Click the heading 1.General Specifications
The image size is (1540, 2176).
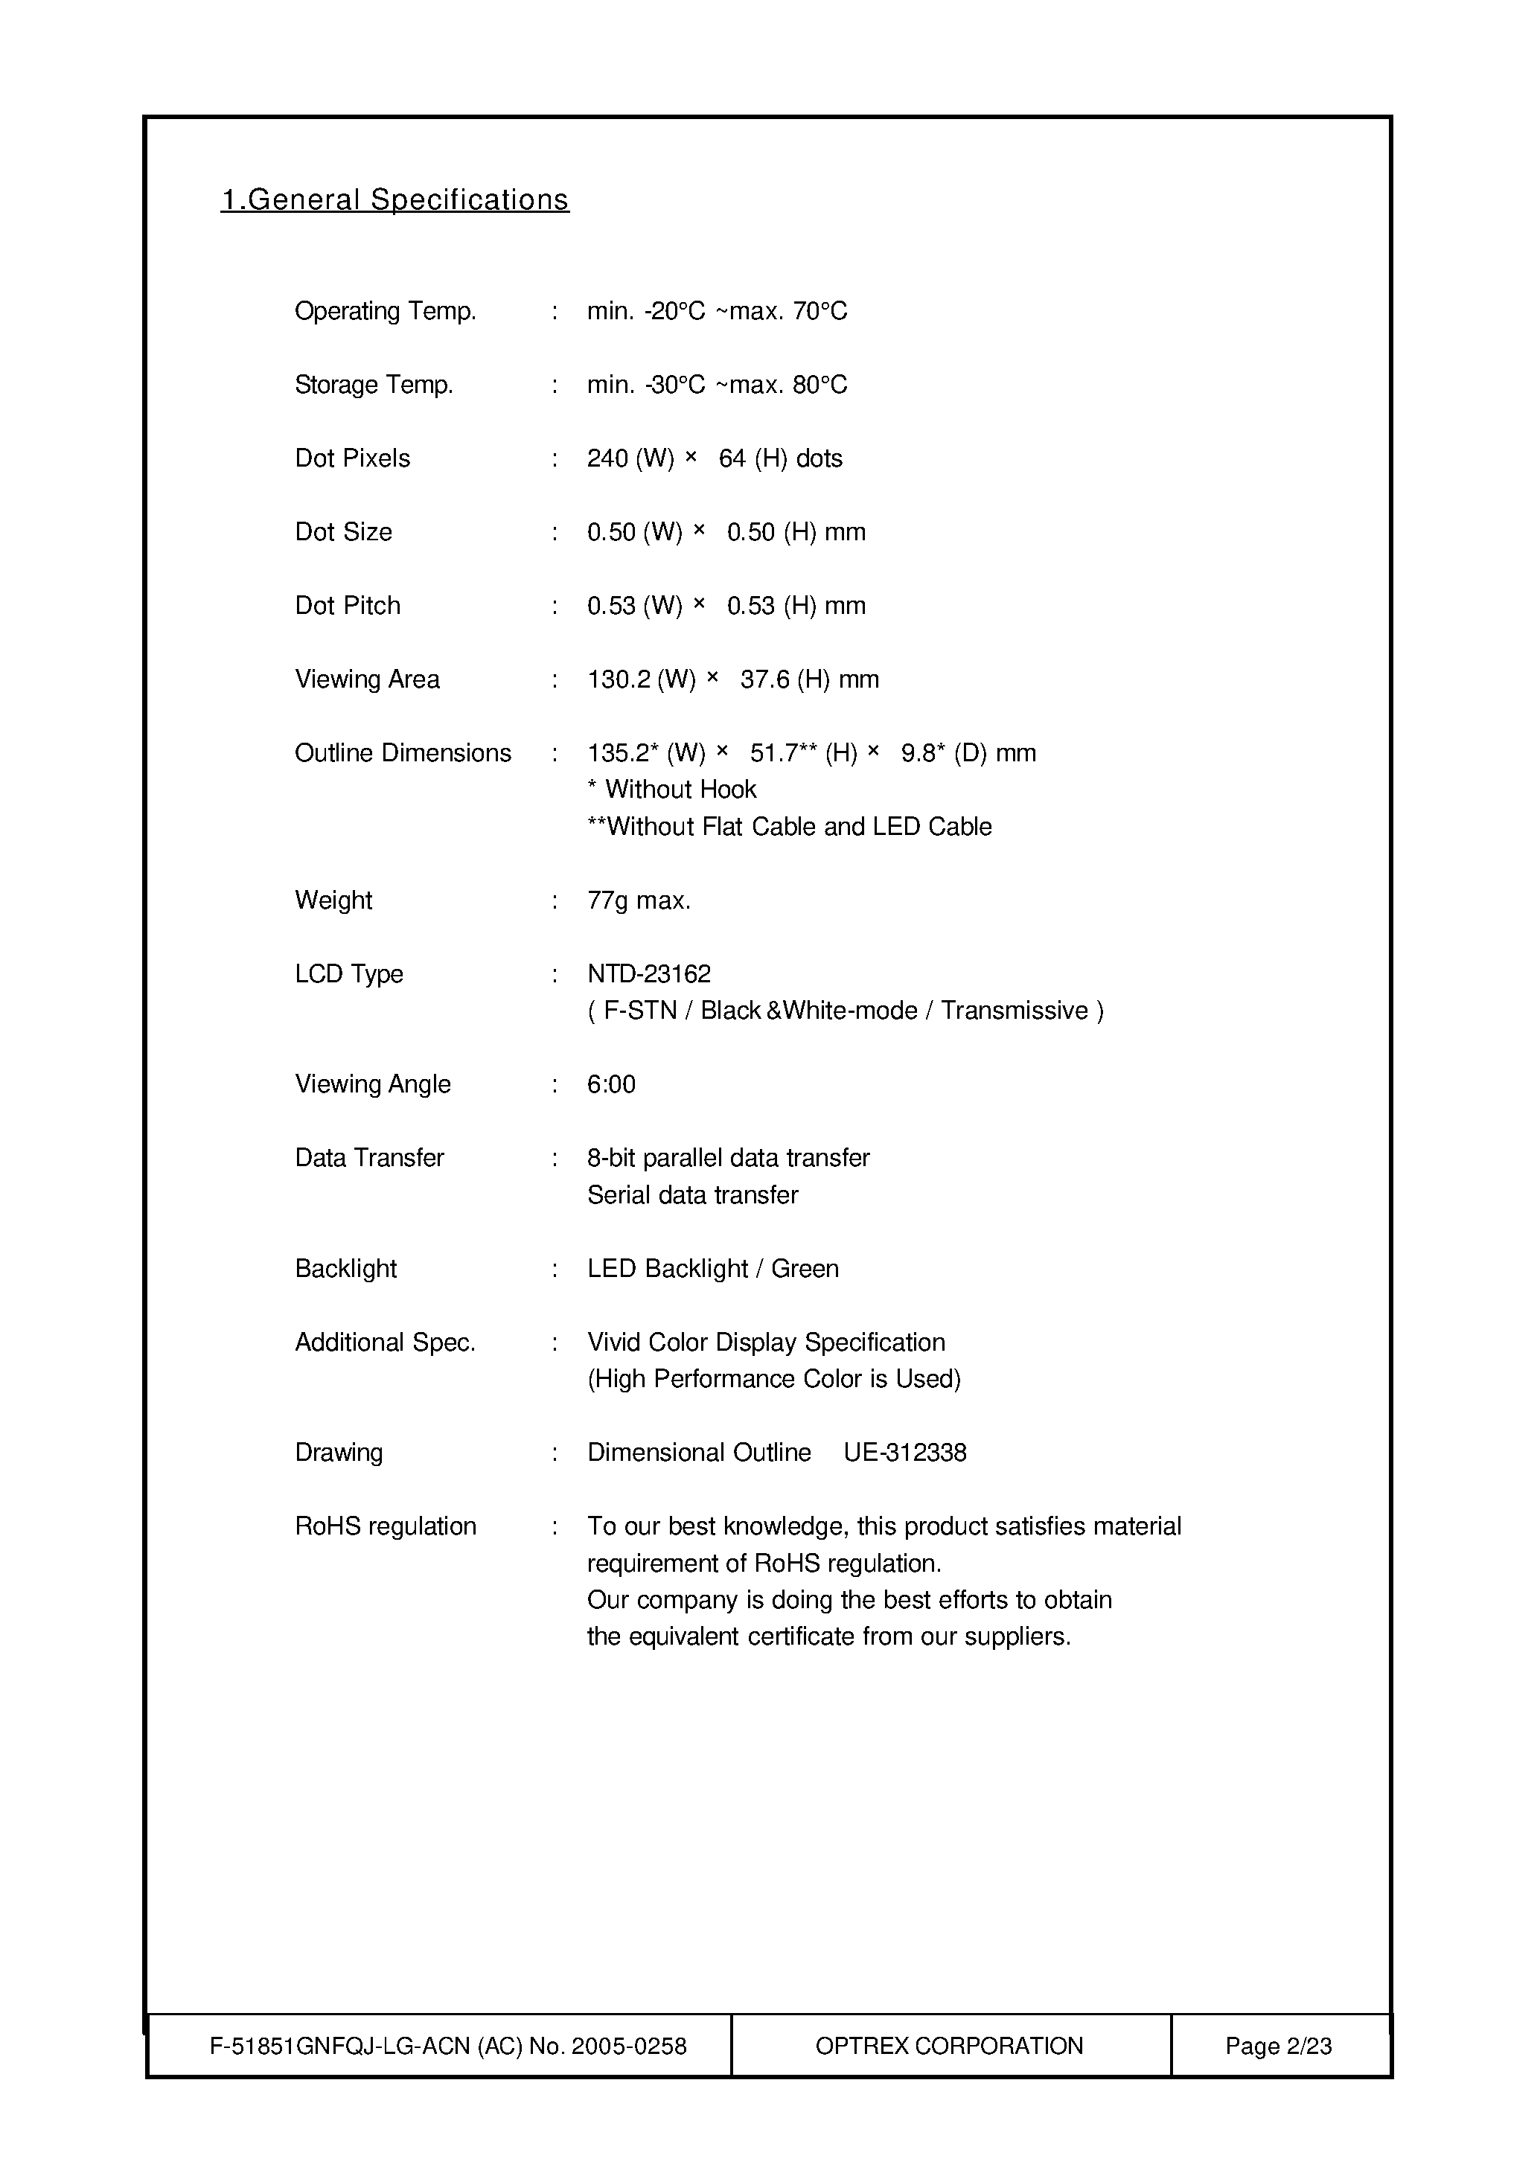394,200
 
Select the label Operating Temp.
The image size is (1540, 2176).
385,311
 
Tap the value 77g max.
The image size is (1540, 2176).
638,900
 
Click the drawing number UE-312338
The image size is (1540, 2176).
904,1453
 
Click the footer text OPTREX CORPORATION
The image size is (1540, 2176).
948,2046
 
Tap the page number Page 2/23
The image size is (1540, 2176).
1278,2046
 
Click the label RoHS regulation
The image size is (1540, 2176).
385,1526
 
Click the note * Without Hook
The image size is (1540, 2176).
671,790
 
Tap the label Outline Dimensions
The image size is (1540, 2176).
402,753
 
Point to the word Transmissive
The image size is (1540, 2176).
1014,1011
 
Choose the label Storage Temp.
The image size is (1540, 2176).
374,385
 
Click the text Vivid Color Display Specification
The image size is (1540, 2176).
766,1343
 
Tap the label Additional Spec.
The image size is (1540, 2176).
385,1343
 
